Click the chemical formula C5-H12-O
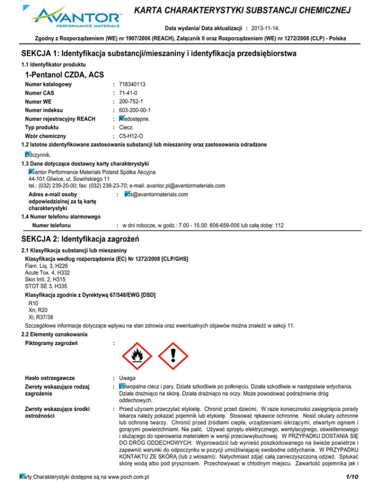[132, 136]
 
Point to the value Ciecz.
[127, 127]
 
